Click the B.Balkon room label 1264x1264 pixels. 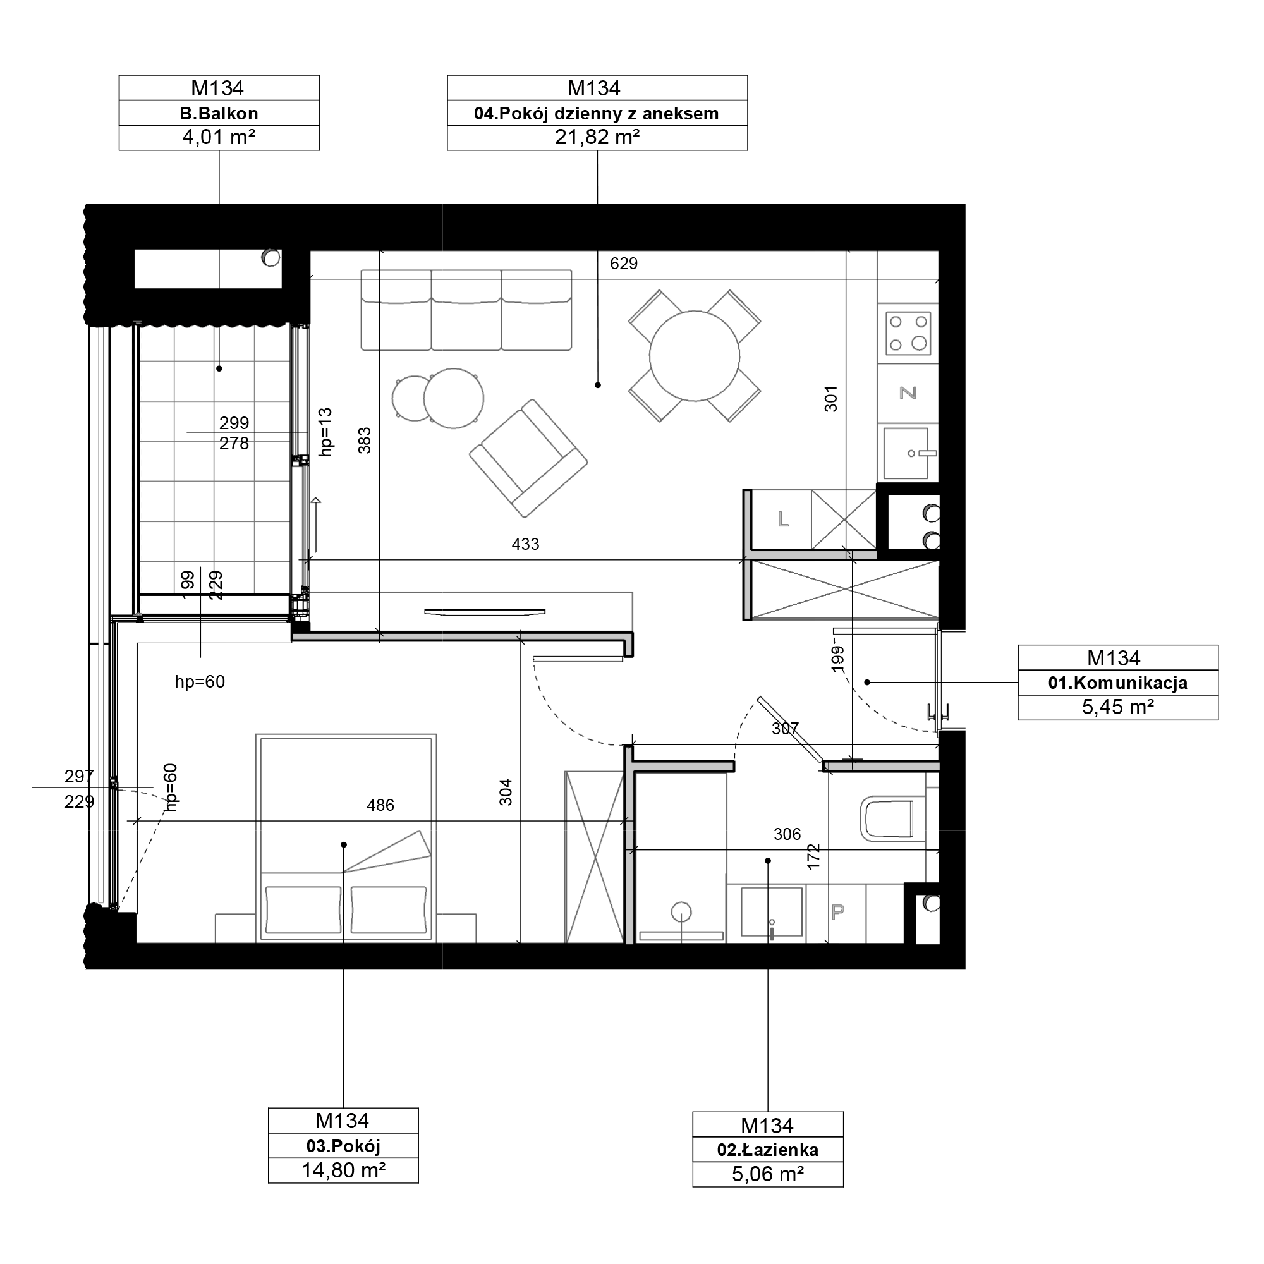point(219,113)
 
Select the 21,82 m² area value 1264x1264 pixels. point(597,137)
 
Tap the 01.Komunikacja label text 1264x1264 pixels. point(1117,683)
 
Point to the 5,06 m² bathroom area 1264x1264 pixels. point(767,1174)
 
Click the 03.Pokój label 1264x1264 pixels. point(343,1146)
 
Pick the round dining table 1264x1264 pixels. point(694,356)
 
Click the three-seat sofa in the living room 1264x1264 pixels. point(466,310)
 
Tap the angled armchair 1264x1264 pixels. point(528,458)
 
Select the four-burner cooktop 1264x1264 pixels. point(908,333)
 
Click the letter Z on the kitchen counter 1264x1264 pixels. point(908,392)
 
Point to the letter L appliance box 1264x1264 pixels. point(783,520)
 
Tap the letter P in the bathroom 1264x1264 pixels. point(837,911)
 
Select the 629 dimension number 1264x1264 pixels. point(623,263)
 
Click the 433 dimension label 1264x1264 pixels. point(525,544)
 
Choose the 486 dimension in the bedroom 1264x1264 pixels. point(380,805)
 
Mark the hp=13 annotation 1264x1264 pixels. point(325,432)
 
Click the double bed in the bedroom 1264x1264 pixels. point(346,838)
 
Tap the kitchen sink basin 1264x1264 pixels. point(906,453)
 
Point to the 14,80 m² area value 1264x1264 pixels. point(343,1170)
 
